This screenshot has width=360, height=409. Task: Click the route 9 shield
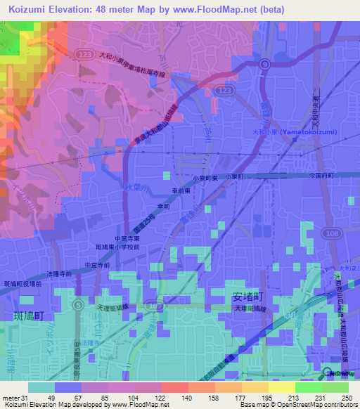[x=264, y=64]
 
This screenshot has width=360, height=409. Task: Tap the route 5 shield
[x=79, y=304]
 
